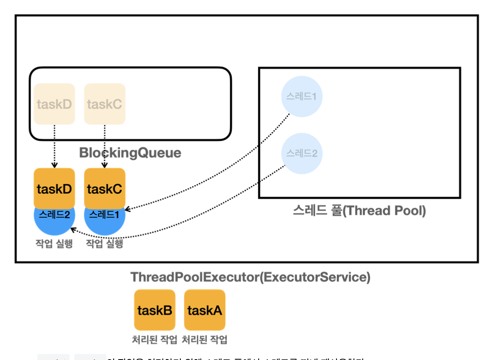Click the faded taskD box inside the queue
tap(54, 104)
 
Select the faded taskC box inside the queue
tap(105, 104)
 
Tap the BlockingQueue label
tap(130, 153)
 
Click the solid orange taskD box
tap(54, 189)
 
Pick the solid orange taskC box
tap(105, 189)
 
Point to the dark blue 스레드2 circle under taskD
tap(54, 220)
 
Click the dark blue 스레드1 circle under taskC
tap(105, 220)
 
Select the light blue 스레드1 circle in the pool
tap(302, 97)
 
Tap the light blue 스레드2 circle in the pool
tap(302, 153)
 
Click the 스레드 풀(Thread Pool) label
tap(359, 211)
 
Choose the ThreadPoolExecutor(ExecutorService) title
tap(250, 277)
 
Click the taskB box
tap(154, 310)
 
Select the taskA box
tap(205, 310)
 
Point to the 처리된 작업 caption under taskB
tap(154, 340)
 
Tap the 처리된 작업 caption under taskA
tap(205, 340)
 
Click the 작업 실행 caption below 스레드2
tap(54, 244)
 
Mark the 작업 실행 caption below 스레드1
tap(105, 244)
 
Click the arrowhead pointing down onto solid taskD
tap(54, 166)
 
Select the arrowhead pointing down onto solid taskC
tap(105, 166)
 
